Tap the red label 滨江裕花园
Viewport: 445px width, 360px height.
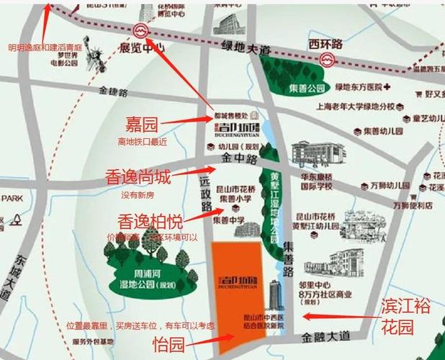406,317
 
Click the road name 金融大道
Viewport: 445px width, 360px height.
326,336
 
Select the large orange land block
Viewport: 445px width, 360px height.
238,295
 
